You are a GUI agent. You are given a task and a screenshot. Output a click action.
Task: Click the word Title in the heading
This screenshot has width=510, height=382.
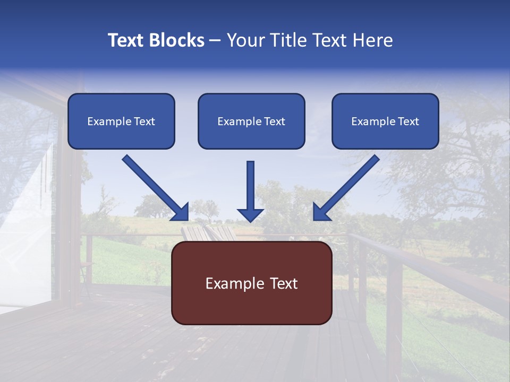285,40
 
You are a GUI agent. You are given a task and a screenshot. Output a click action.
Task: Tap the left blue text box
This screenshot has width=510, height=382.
121,121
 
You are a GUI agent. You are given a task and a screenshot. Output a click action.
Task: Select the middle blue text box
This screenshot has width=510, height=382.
251,121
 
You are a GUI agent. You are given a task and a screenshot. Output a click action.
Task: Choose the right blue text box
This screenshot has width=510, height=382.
385,121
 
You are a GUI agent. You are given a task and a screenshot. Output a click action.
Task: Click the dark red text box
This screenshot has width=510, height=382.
251,283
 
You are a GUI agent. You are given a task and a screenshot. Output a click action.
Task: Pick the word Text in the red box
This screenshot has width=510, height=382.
283,284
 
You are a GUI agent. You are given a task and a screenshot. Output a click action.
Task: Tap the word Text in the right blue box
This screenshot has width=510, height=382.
408,121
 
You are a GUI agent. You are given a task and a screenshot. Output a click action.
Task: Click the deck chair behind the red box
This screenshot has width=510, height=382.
207,233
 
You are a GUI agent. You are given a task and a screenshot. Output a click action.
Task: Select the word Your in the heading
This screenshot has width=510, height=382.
243,40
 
